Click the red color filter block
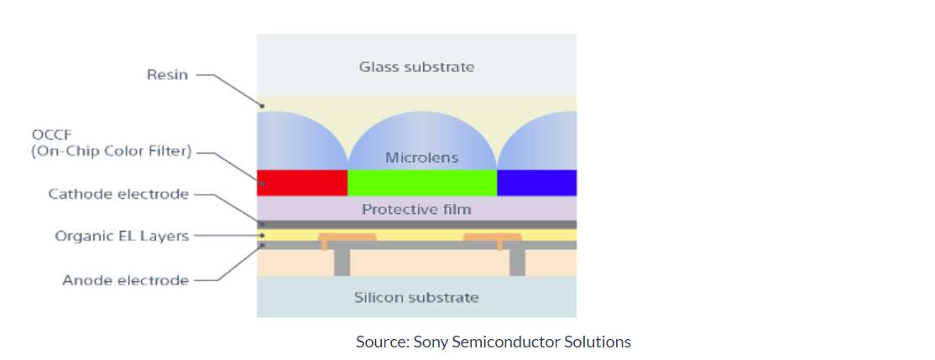pos(301,183)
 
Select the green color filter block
pos(422,183)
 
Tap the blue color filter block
pos(536,183)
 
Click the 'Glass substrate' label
pos(416,67)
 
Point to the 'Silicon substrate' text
pos(416,297)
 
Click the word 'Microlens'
pos(421,158)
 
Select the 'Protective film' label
pos(416,210)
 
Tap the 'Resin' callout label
pos(167,75)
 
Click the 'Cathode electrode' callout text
pos(118,195)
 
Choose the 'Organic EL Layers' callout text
pos(122,236)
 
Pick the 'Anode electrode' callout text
pos(125,280)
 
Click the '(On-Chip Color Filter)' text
pos(112,151)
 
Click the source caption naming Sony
pos(494,342)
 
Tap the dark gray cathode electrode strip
pos(417,225)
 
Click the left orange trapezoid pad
pos(347,237)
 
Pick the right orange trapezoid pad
pos(493,237)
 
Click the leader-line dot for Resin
pos(262,106)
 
